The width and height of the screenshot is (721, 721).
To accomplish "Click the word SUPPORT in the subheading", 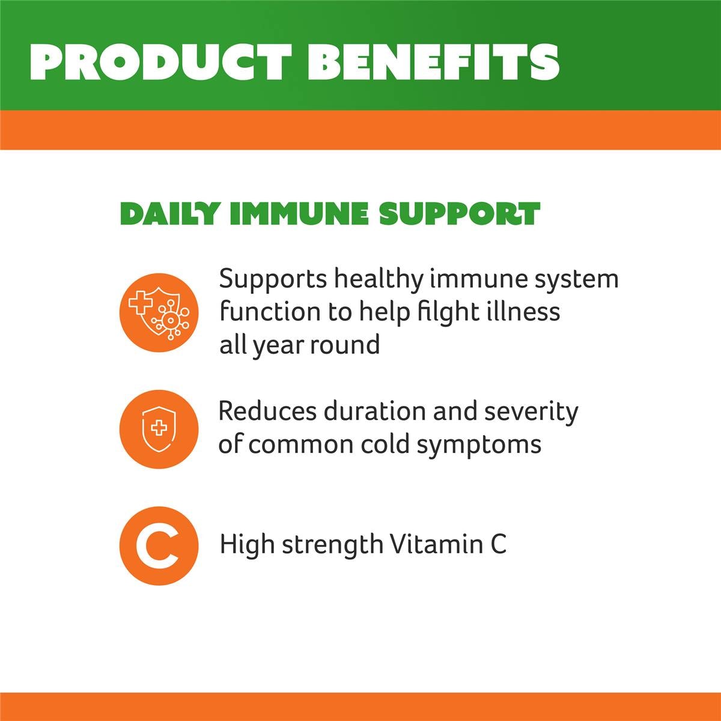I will point(460,214).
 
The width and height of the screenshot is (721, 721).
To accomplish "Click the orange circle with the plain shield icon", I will point(159,428).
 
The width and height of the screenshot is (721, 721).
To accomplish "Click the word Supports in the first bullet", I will point(272,280).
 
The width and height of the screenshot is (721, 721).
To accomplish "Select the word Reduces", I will point(267,412).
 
